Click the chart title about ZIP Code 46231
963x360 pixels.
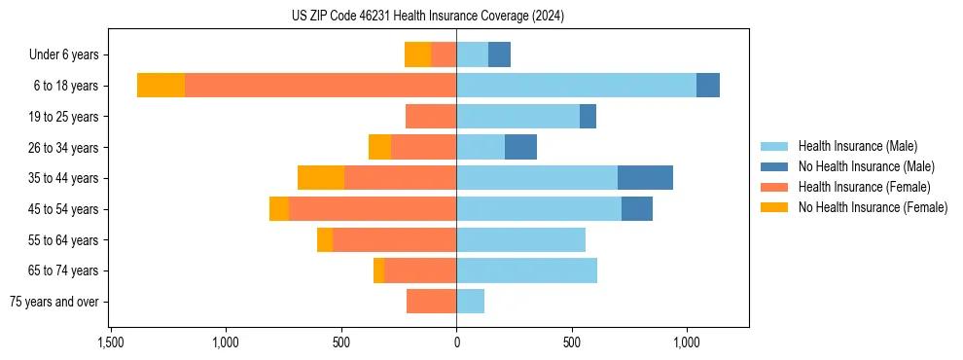click(428, 17)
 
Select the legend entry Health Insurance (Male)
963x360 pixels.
click(857, 146)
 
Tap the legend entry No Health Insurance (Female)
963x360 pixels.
click(873, 207)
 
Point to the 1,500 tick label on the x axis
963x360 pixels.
click(110, 342)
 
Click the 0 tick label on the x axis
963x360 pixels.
click(456, 342)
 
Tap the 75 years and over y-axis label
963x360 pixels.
click(53, 302)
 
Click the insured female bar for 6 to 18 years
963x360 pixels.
click(320, 86)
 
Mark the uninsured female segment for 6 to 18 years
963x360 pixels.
click(160, 86)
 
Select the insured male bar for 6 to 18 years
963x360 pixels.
click(576, 86)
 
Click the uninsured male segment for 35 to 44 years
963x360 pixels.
click(645, 178)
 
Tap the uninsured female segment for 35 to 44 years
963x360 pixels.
click(321, 178)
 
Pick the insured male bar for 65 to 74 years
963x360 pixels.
click(526, 270)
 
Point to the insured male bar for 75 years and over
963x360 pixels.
click(470, 302)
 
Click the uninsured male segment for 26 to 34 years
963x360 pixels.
click(520, 147)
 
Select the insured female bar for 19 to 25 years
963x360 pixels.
click(431, 117)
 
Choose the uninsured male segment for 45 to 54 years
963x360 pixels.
click(637, 209)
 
